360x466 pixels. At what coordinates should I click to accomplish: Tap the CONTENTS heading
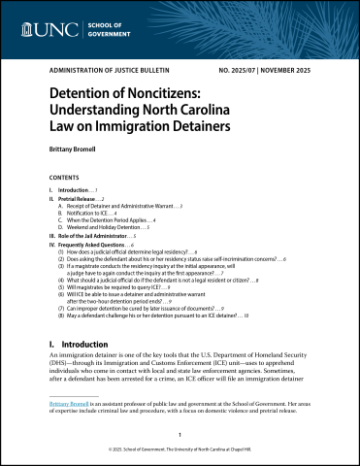point(65,180)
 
